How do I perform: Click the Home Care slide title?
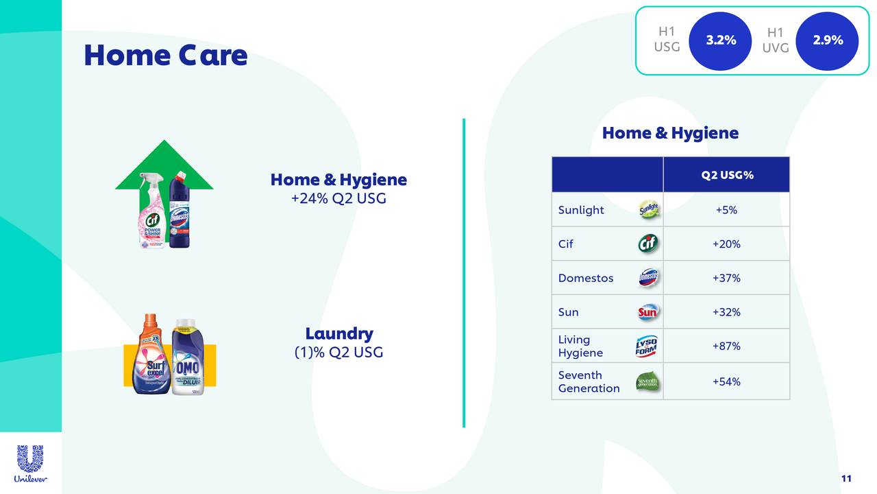[165, 55]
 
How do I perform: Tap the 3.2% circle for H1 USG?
[721, 40]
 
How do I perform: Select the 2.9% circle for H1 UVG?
[828, 40]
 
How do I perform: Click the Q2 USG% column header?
[726, 175]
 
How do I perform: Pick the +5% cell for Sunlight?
[726, 210]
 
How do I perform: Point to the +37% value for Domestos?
[726, 278]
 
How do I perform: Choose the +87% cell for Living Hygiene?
[726, 346]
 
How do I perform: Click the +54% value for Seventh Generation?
[726, 381]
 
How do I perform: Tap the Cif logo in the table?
[647, 244]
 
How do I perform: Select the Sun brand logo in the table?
[647, 312]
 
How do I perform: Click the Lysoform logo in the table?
[646, 346]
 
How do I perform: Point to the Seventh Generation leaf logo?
[647, 381]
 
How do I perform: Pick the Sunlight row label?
[581, 210]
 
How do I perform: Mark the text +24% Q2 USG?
[338, 199]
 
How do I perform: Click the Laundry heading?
[338, 334]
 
